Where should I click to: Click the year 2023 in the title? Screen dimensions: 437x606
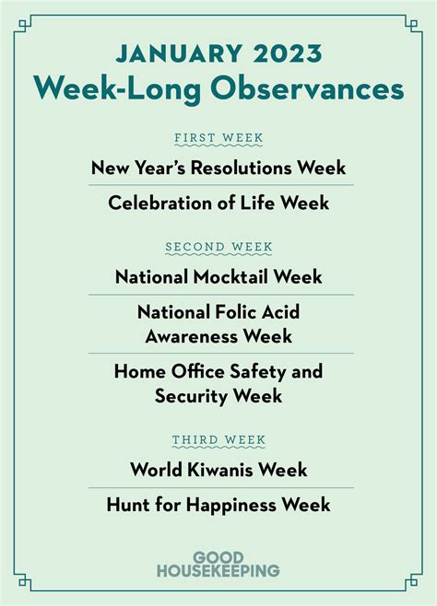pyautogui.click(x=288, y=53)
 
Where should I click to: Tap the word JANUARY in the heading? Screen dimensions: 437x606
pyautogui.click(x=179, y=53)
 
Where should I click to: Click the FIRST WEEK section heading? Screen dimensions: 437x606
pyautogui.click(x=218, y=137)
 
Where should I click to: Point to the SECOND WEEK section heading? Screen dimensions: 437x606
pyautogui.click(x=218, y=247)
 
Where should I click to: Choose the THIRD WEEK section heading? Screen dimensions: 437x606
pyautogui.click(x=218, y=440)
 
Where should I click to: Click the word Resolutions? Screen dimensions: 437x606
pyautogui.click(x=242, y=168)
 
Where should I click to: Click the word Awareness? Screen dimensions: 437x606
pyautogui.click(x=192, y=336)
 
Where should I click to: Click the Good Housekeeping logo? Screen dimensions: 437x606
pyautogui.click(x=218, y=565)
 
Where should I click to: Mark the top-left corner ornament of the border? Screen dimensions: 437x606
pyautogui.click(x=24, y=26)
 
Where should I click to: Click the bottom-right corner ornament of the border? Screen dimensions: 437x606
pyautogui.click(x=413, y=581)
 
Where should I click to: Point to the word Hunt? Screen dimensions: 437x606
pyautogui.click(x=128, y=505)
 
